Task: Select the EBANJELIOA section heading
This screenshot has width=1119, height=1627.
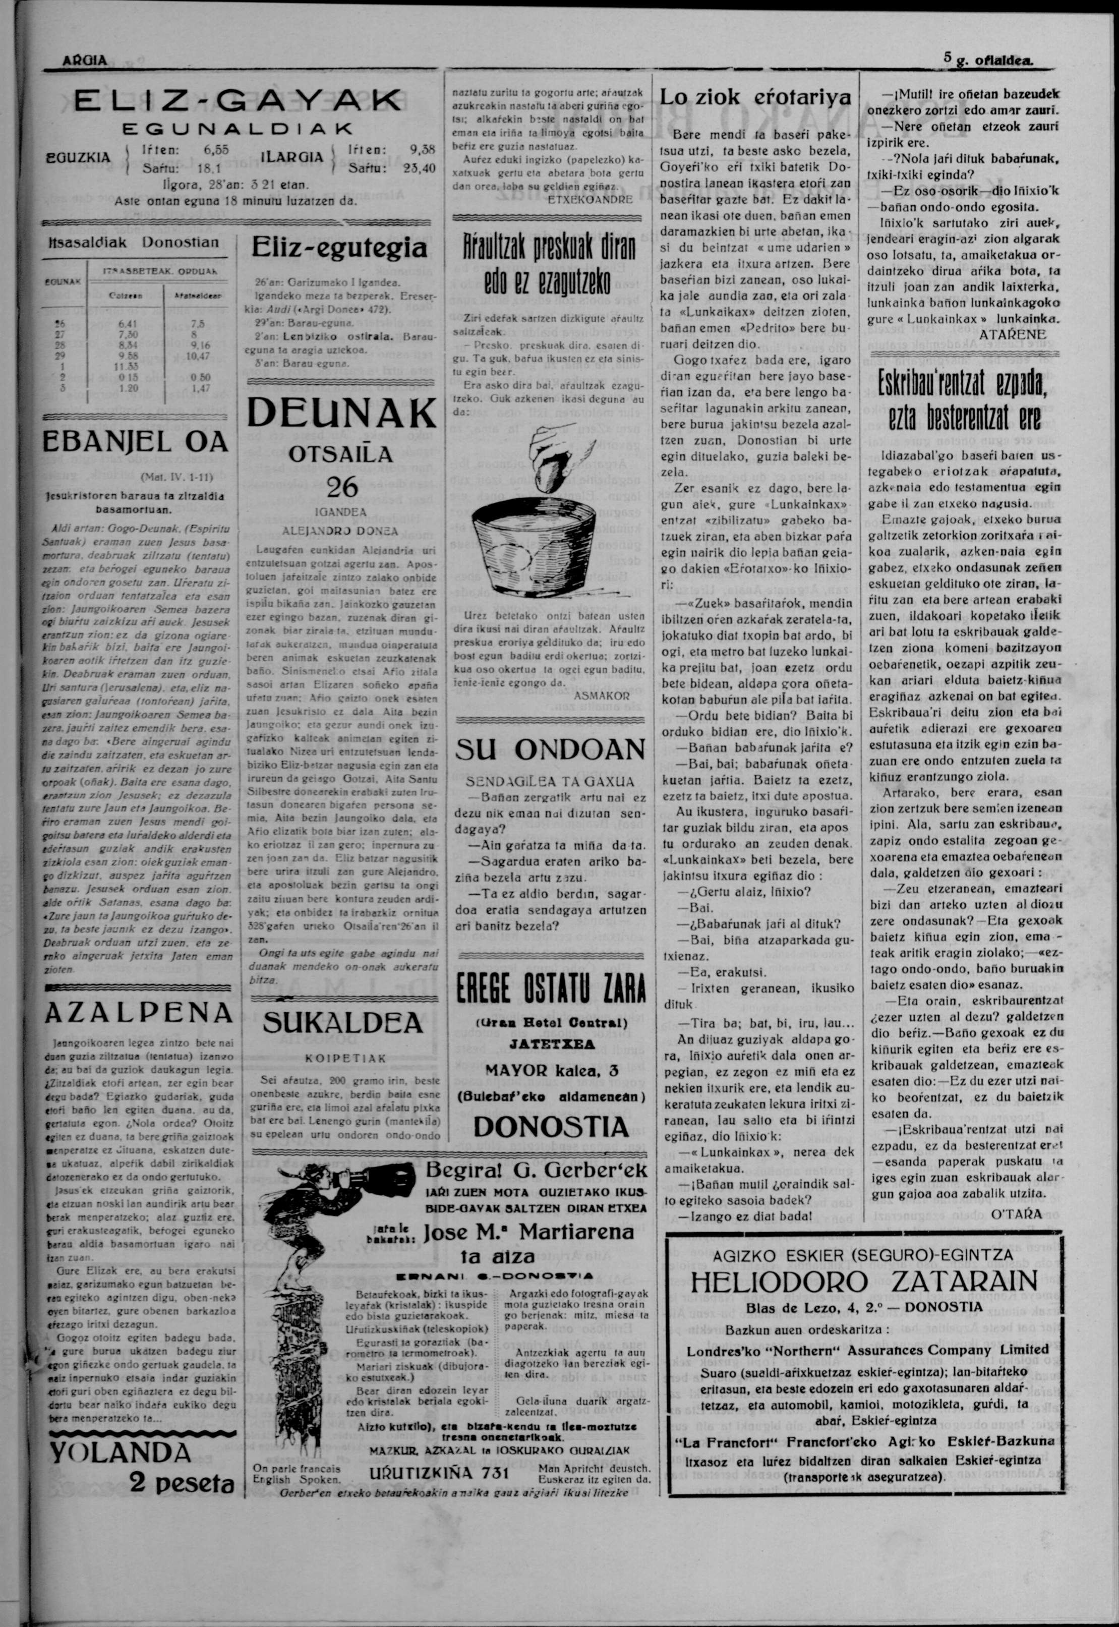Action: (x=136, y=442)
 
